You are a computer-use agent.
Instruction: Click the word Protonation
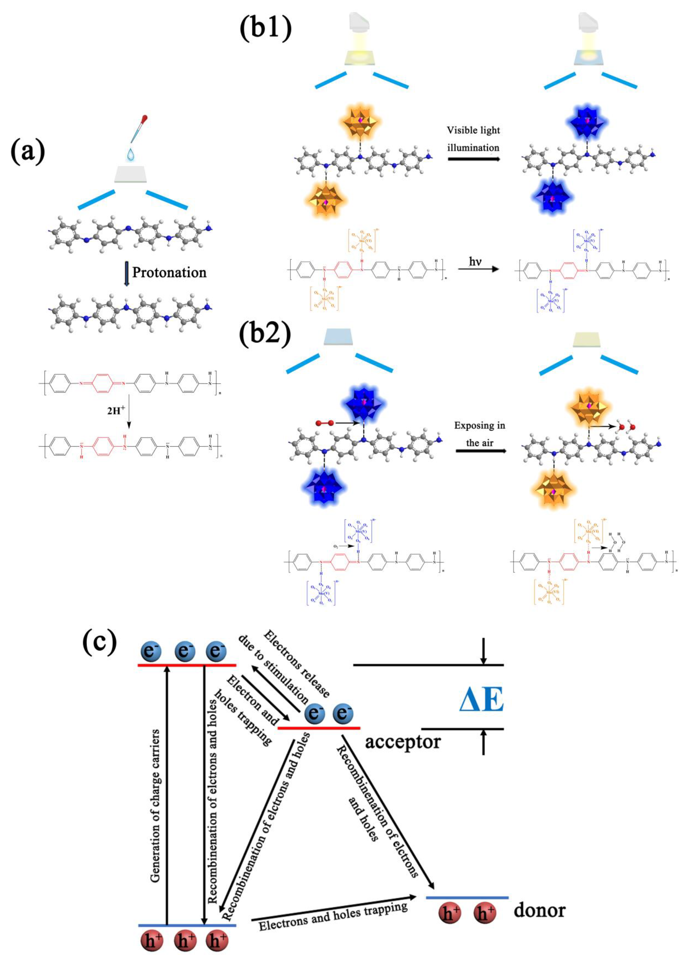pos(169,272)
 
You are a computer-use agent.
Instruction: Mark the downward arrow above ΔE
pos(484,651)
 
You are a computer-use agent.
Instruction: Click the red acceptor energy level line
pos(319,728)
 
